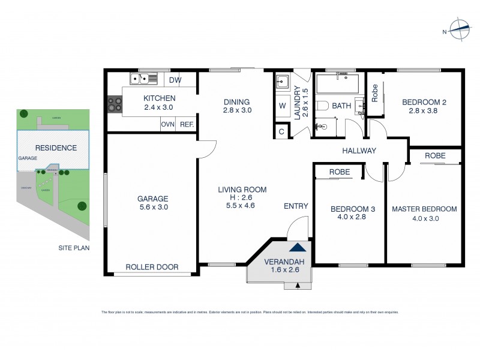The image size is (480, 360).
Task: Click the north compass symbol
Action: tap(459, 28)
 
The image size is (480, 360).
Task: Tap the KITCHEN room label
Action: tap(159, 98)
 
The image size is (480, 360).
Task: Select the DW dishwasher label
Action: tap(175, 80)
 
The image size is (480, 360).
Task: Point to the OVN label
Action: tap(167, 124)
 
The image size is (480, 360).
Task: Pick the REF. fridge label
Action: tap(187, 124)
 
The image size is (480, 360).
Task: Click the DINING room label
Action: tap(236, 101)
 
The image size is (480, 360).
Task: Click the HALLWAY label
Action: tap(359, 151)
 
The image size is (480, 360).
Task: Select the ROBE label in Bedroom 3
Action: tap(339, 172)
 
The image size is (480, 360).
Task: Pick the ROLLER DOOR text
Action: tap(152, 267)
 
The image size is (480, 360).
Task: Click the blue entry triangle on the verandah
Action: tap(298, 246)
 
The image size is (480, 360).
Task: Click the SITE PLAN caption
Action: tap(74, 247)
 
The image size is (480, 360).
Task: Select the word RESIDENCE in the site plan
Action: tap(55, 148)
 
